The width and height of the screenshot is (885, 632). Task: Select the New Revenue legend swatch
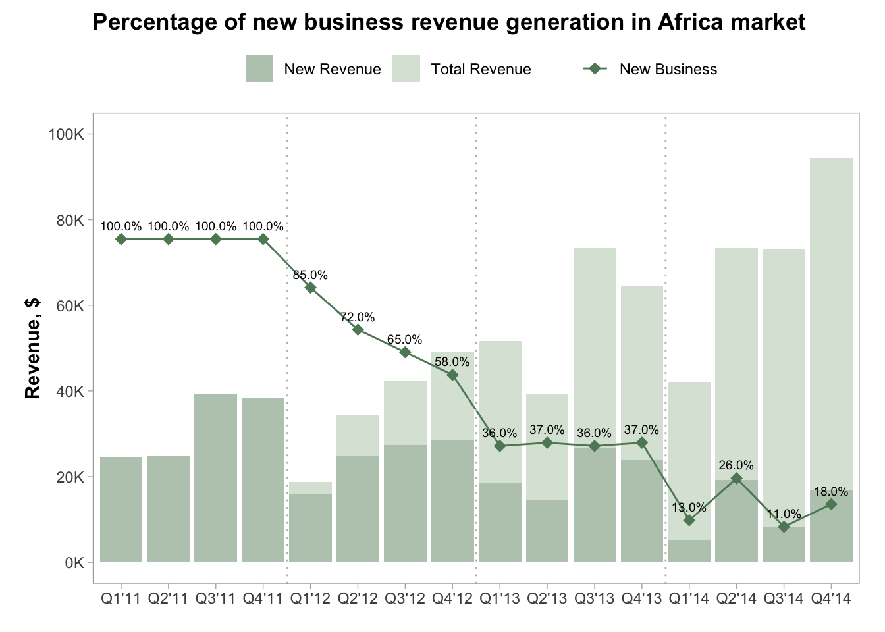pos(259,69)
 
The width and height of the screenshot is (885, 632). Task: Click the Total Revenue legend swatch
pos(406,69)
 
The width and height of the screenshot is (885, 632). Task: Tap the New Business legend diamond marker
pos(595,69)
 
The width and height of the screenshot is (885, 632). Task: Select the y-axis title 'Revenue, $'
pos(32,348)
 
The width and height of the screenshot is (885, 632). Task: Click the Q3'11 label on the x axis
pos(215,599)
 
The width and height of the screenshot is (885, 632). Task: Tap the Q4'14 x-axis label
pos(831,599)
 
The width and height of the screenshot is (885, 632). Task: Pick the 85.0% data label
pos(310,275)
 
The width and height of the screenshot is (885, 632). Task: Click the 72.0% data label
pos(358,317)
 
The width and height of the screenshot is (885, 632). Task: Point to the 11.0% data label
pos(784,514)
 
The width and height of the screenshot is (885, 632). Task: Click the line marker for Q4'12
pos(452,375)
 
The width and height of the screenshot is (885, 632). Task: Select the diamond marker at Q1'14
pos(689,520)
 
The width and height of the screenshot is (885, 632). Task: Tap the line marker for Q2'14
pos(737,479)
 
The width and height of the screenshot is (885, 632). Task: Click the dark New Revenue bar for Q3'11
pos(215,478)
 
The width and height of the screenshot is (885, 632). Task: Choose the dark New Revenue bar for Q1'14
pos(689,551)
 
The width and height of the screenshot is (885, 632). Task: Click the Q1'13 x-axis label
pos(500,599)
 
